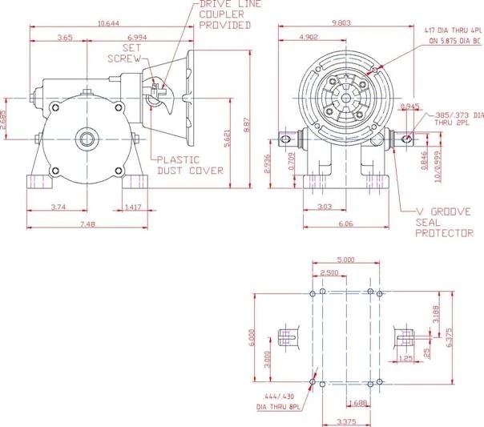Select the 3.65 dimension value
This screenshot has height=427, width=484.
pos(66,38)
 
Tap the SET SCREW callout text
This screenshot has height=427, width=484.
pos(124,53)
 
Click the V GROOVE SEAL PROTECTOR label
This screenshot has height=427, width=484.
pos(439,224)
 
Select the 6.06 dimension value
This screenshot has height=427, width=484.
pos(345,224)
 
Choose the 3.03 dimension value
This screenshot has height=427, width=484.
pos(325,207)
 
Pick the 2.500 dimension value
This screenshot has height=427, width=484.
pos(329,272)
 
